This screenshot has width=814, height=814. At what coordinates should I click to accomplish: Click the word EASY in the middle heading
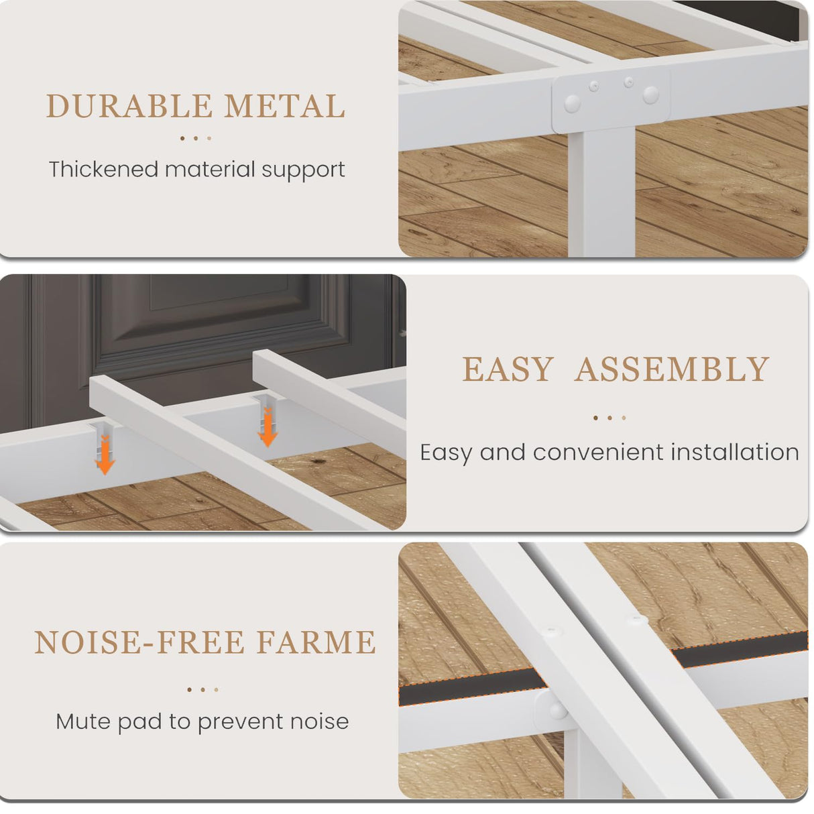(x=508, y=369)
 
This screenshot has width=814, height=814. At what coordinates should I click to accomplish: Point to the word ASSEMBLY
(x=672, y=369)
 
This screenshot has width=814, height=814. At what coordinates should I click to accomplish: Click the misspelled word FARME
(x=317, y=642)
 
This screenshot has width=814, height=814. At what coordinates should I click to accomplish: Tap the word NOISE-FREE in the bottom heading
(x=139, y=642)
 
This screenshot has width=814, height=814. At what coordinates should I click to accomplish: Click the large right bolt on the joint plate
(x=650, y=95)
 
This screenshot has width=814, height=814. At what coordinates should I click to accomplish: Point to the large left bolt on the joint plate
(x=572, y=103)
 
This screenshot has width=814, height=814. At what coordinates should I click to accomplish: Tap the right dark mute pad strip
(x=741, y=646)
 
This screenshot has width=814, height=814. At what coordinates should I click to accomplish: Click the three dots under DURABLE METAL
(x=195, y=138)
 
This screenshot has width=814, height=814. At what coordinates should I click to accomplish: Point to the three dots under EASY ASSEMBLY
(x=609, y=418)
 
